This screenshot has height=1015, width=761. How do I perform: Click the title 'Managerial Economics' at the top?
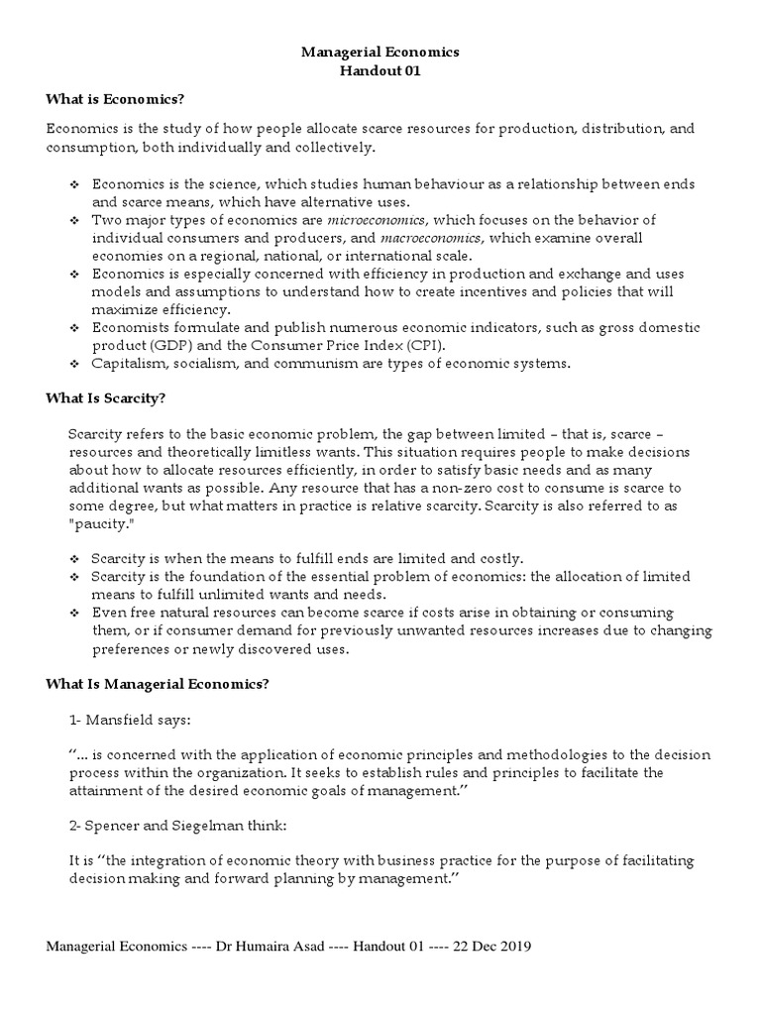[380, 51]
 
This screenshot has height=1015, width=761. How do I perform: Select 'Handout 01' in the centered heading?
[380, 70]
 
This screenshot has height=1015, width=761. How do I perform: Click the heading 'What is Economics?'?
[116, 100]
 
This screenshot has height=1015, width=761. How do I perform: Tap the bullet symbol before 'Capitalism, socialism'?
[73, 364]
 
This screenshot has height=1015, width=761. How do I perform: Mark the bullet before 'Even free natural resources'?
[73, 614]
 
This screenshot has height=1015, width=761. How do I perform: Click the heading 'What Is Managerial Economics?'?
[158, 685]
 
